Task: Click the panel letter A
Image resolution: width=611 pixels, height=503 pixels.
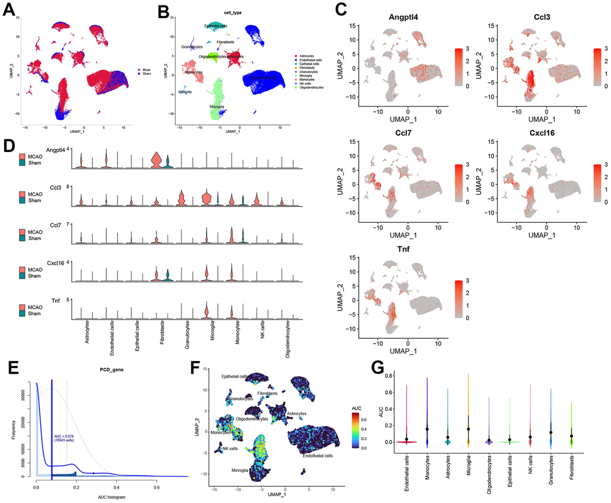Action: tap(10, 11)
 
